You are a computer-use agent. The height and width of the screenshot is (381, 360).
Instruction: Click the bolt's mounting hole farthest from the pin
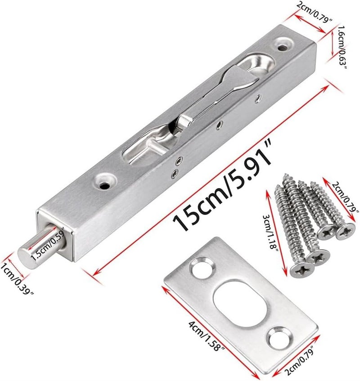coord(283,45)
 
